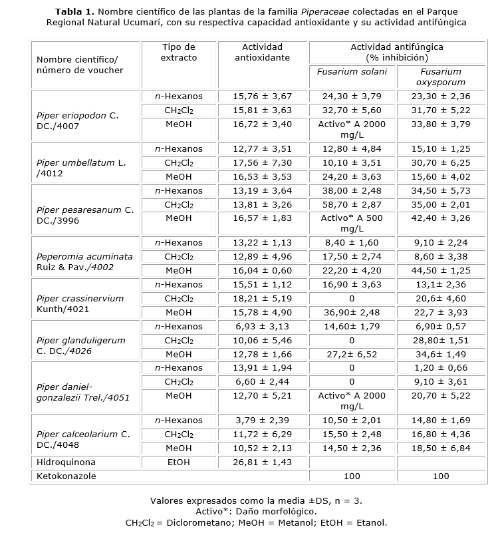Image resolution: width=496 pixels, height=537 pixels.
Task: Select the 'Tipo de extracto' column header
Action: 179,53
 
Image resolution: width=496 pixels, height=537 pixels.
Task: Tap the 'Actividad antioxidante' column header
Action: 262,53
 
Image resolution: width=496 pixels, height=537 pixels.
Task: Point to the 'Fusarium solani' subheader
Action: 352,72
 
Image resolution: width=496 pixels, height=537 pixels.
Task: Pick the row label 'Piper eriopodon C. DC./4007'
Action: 78,120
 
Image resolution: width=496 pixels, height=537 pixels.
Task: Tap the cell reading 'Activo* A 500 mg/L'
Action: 352,224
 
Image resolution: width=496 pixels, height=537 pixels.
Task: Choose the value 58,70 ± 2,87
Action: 352,205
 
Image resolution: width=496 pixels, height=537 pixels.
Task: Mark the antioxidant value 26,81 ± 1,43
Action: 262,462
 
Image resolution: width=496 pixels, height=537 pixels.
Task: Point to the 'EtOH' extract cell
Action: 179,462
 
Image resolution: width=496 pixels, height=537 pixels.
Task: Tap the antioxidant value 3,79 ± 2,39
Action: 262,421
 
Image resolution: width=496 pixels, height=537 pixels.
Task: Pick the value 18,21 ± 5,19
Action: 262,299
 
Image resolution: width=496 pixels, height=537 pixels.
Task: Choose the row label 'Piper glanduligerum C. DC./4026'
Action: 80,345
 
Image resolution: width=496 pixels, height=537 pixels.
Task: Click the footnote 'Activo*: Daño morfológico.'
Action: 256,511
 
